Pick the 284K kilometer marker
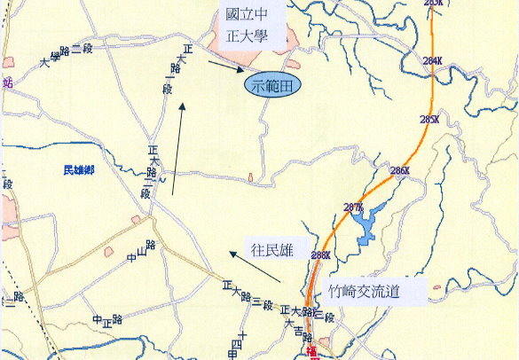pyautogui.click(x=432, y=60)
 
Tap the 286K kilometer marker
pyautogui.click(x=399, y=170)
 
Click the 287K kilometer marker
pyautogui.click(x=353, y=207)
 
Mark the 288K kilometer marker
pyautogui.click(x=321, y=255)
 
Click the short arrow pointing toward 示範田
pyautogui.click(x=225, y=64)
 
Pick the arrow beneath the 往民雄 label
pyautogui.click(x=255, y=267)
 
